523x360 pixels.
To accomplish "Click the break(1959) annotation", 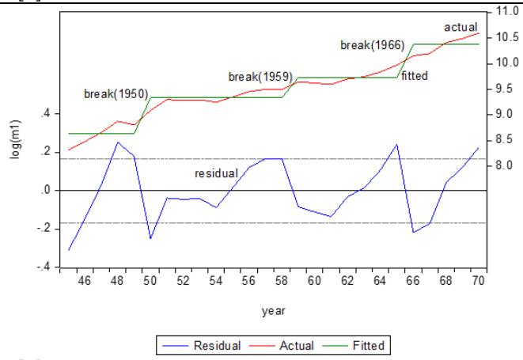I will pyautogui.click(x=260, y=77).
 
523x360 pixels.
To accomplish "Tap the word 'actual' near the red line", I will pyautogui.click(x=460, y=28).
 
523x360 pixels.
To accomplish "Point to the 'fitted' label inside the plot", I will pyautogui.click(x=415, y=77).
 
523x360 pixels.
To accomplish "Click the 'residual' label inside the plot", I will pyautogui.click(x=217, y=172).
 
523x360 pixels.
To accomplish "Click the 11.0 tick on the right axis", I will pyautogui.click(x=506, y=12).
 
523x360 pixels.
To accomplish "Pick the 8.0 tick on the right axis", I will pyautogui.click(x=504, y=165).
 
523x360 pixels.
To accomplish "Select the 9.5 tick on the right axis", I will pyautogui.click(x=504, y=89).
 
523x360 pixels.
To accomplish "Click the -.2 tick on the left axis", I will pyautogui.click(x=44, y=229).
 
